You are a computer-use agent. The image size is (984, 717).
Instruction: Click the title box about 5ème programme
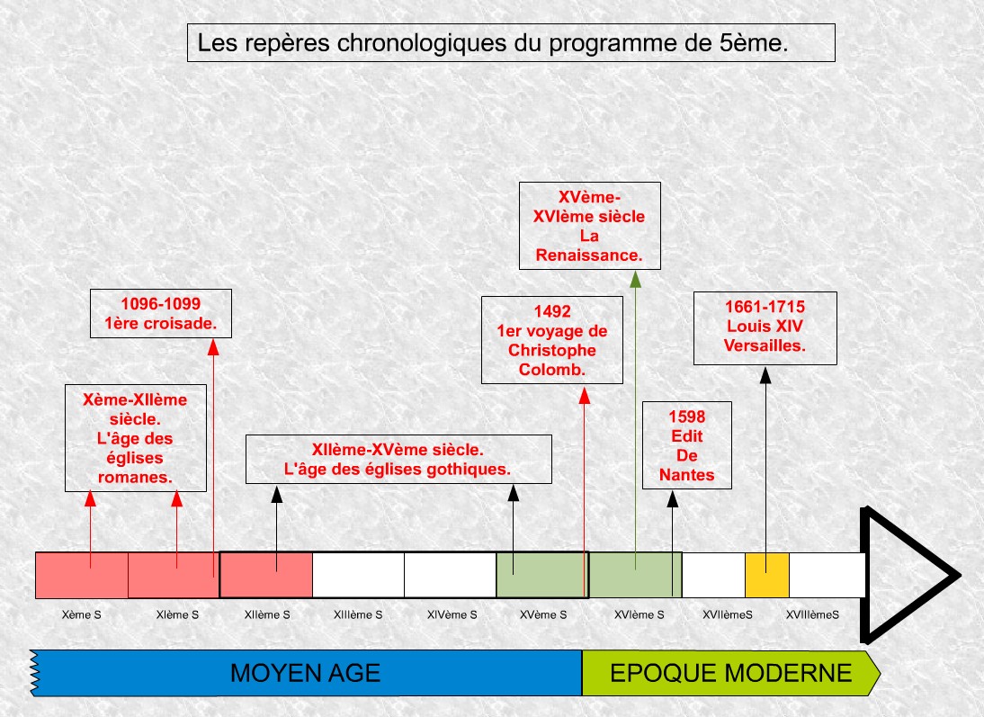click(511, 42)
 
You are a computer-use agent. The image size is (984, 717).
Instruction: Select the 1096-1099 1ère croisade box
click(161, 313)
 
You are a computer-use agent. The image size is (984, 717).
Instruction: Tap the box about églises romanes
click(136, 437)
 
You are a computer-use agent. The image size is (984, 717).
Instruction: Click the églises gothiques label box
click(398, 459)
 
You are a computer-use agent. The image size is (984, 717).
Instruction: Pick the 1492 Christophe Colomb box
click(552, 340)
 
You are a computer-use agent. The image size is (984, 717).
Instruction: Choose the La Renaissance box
click(590, 226)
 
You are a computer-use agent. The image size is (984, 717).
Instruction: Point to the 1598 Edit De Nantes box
click(687, 445)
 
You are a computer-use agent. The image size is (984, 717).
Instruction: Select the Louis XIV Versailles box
click(765, 327)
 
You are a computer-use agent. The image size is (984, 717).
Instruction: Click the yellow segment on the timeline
click(767, 575)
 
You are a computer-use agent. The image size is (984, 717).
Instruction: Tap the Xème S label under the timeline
click(82, 614)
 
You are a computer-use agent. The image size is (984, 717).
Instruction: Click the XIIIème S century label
click(358, 614)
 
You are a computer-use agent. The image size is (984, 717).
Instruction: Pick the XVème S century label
click(543, 614)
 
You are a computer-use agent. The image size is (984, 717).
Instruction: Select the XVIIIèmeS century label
click(813, 614)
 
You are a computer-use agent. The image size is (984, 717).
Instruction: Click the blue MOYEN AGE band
click(306, 673)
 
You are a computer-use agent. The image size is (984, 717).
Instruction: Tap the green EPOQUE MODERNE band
click(731, 673)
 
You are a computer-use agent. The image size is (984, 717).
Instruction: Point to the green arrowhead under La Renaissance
click(635, 280)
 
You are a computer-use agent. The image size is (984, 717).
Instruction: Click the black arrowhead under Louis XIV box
click(765, 375)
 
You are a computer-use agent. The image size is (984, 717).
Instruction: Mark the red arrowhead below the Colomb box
click(585, 395)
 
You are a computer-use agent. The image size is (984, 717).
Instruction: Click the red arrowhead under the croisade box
click(213, 347)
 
